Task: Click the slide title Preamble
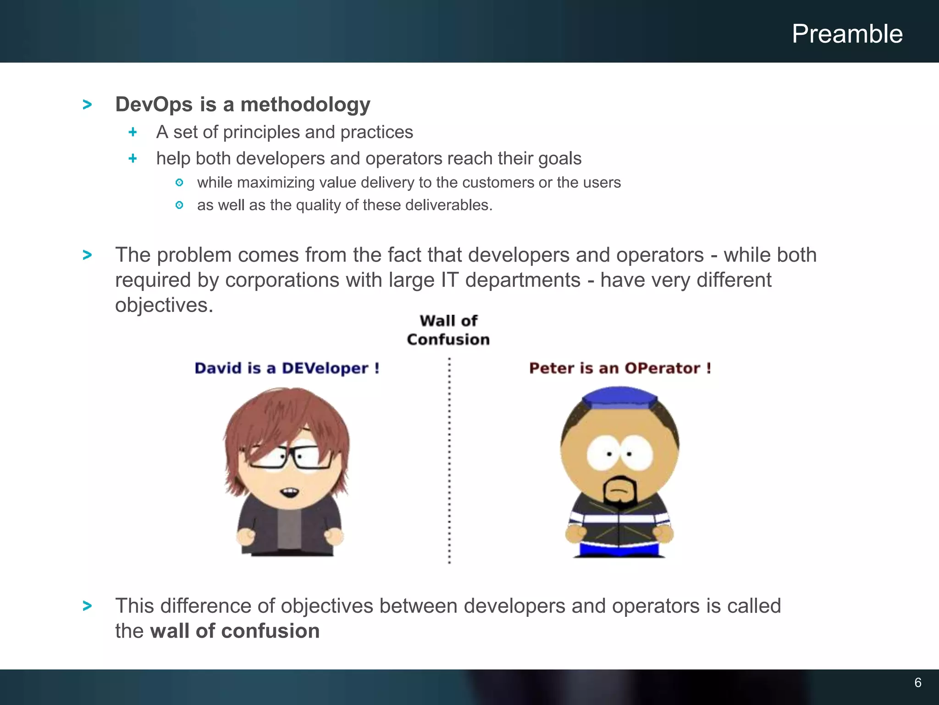847,34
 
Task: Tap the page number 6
917,683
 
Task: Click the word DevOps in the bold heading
154,105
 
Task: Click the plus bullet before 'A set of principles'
133,132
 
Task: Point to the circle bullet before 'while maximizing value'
179,183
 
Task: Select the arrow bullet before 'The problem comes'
87,255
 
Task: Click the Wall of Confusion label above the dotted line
448,330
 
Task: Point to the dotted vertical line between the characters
449,459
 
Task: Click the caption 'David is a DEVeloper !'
287,368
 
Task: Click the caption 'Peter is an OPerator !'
619,368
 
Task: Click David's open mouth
290,492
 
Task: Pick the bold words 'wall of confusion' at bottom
235,631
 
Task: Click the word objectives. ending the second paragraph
164,305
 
